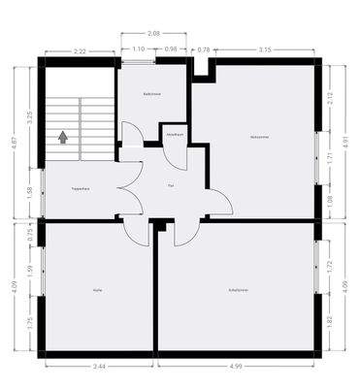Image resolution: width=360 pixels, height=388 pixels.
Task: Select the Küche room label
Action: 97,290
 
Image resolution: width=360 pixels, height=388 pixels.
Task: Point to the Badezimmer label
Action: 151,95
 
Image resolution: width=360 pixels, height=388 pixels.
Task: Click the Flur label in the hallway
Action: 171,184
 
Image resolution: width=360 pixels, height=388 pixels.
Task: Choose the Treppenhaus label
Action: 81,188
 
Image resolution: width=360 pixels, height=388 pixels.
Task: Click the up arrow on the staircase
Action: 63,138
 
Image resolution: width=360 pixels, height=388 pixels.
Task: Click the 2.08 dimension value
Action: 153,33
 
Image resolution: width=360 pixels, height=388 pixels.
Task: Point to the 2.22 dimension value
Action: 80,51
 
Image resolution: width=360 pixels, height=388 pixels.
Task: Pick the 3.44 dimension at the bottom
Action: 98,367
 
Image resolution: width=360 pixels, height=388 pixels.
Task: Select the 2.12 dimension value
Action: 330,96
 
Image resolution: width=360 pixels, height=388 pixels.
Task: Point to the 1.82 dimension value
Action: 330,320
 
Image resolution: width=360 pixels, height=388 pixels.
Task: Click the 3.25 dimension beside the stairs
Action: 30,118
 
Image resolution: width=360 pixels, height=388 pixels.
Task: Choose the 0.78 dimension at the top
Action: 203,48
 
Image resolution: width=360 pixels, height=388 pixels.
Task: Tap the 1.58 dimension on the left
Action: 30,191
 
